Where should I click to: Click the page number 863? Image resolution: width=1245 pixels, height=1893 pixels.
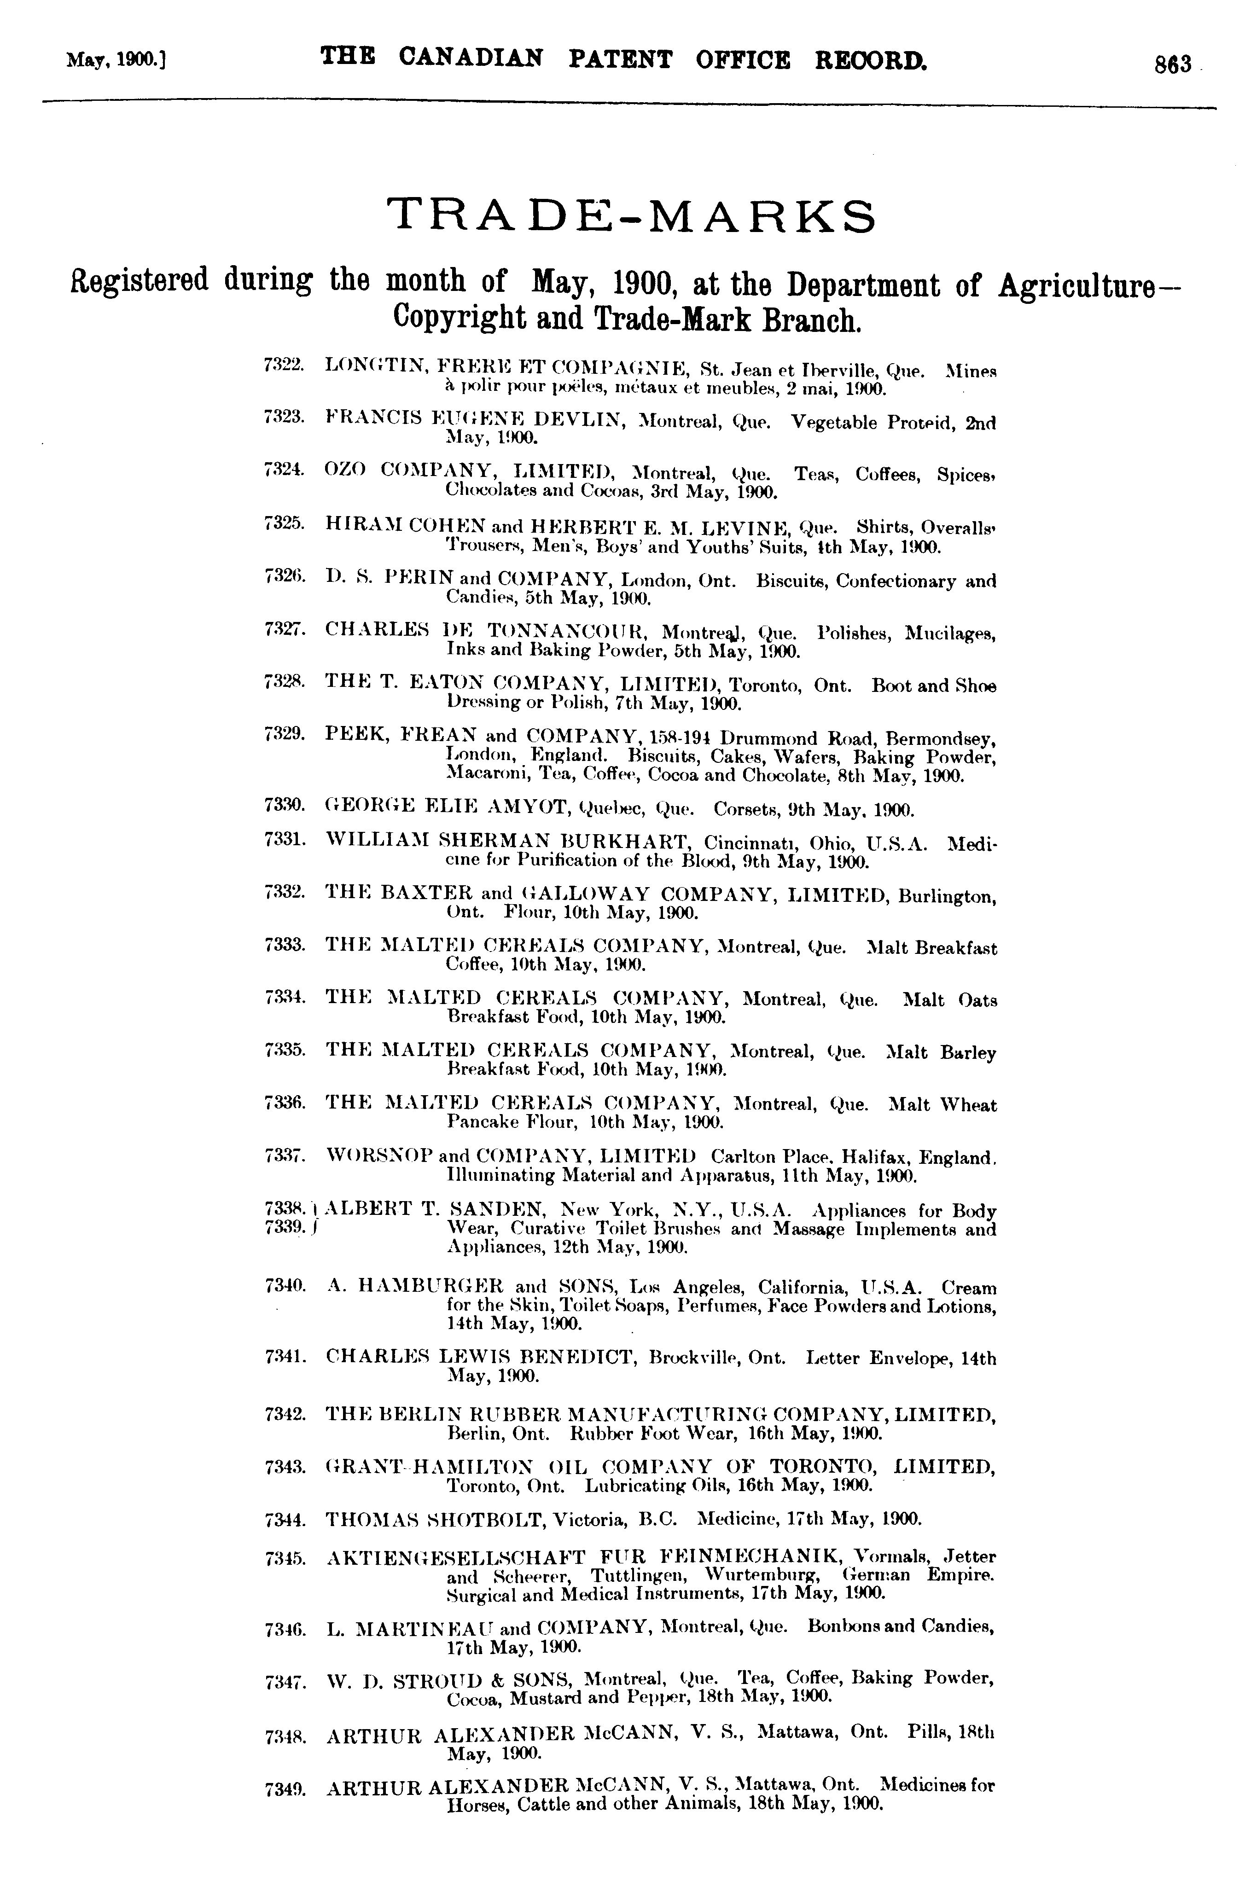[1173, 64]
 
